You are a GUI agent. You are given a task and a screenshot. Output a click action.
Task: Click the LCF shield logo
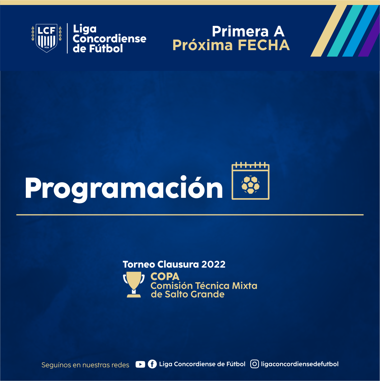point(47,38)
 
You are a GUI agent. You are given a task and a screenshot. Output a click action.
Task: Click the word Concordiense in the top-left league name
point(109,39)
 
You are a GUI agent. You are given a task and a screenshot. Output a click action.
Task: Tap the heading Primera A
point(248,31)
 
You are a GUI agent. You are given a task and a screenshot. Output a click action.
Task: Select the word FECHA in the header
point(264,45)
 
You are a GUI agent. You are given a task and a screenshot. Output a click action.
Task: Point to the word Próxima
point(202,45)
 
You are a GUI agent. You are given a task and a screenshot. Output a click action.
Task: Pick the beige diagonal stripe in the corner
point(328,31)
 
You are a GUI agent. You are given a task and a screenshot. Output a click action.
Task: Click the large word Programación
point(124,188)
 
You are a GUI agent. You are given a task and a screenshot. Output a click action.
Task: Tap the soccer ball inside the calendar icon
point(250,185)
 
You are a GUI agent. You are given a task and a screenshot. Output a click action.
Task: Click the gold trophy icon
point(134,284)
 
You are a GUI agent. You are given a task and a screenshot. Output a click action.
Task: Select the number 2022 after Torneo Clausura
point(213,264)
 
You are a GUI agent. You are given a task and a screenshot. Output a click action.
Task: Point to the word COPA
point(165,276)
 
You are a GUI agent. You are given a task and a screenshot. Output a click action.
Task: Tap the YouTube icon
point(140,364)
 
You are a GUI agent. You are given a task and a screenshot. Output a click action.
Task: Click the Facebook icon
point(152,364)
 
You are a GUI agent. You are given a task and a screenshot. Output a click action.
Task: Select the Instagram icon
point(254,364)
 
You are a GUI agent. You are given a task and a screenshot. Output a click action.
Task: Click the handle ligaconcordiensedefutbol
point(300,364)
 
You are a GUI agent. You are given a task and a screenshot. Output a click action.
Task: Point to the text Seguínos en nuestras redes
point(85,365)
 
